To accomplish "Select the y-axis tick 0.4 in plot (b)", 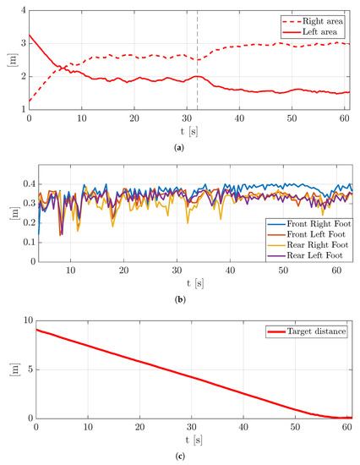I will tap(19, 183).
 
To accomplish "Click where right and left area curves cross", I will tap(60, 67).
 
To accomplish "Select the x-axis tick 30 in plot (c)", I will tap(191, 427).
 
